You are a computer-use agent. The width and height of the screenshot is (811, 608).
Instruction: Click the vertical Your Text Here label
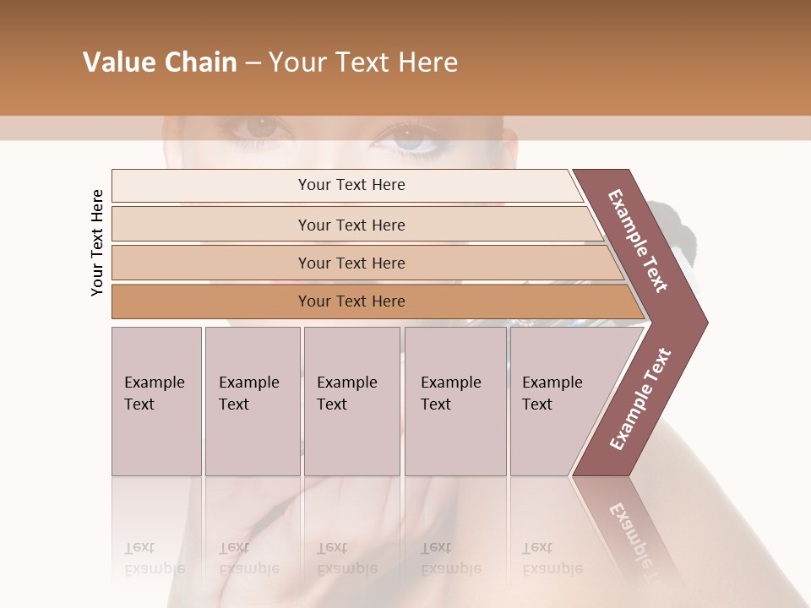(97, 242)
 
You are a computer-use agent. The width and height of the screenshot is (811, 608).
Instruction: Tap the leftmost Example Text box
(156, 401)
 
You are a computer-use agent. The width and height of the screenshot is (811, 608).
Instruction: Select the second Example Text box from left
(252, 401)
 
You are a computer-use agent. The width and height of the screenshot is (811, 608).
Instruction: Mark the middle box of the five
(351, 401)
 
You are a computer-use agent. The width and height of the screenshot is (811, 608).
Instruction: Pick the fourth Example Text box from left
(455, 401)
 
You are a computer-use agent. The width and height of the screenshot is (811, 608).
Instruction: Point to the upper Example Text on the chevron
(638, 241)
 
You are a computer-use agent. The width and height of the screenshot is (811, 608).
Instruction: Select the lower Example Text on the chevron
(640, 399)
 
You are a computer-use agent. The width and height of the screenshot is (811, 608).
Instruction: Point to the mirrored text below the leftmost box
(154, 557)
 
